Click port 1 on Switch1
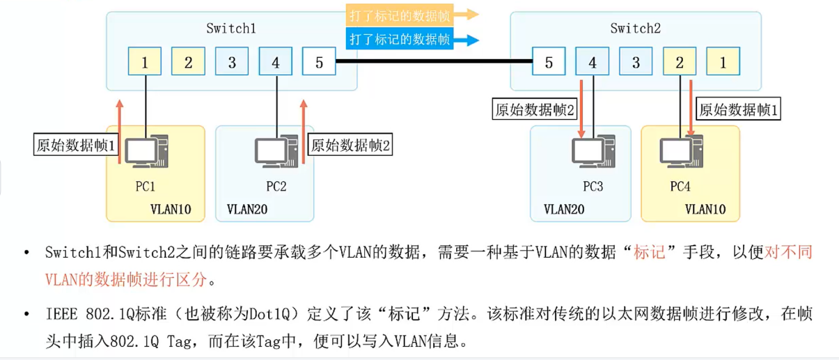pos(146,63)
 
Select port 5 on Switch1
pos(319,63)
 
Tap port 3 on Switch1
pos(233,63)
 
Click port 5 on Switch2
pos(549,63)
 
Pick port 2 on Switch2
pos(680,63)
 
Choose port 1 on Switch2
pos(723,63)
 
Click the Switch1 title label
pos(231,29)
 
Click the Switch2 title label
pos(635,29)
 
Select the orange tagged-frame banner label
pos(399,14)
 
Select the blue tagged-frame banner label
pos(399,40)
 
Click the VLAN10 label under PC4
pos(705,209)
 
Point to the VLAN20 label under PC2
pos(247,209)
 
